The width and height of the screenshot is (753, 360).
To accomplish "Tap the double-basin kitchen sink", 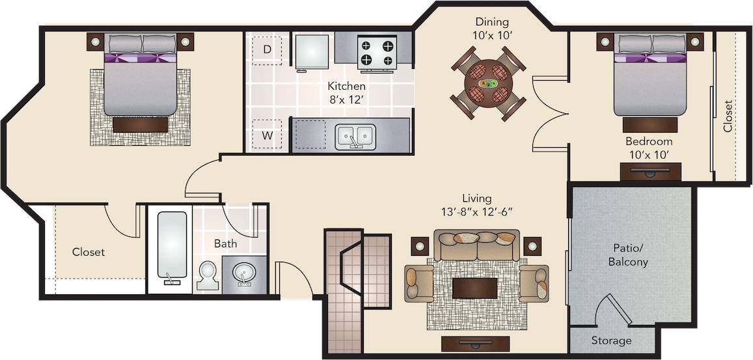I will click(355, 136).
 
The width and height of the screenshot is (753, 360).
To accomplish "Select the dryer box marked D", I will click(267, 49).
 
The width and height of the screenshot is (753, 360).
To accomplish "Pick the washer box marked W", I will click(267, 135).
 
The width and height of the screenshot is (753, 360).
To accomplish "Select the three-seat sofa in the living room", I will click(477, 245).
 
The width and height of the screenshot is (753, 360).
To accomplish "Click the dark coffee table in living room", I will click(474, 288).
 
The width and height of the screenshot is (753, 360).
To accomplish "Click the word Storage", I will click(611, 340).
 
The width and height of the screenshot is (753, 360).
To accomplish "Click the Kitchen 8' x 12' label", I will click(346, 92).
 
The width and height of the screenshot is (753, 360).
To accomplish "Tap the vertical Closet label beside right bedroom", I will click(728, 116).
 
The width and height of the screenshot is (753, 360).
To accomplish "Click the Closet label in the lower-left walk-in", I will click(89, 252).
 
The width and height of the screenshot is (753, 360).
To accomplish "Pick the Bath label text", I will click(226, 245).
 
